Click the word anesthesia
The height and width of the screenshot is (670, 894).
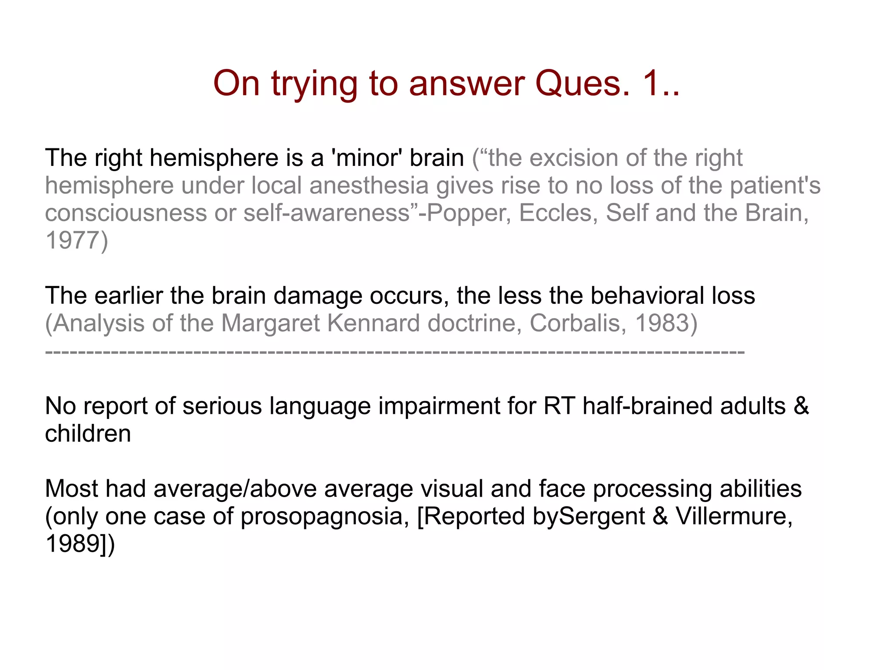click(369, 186)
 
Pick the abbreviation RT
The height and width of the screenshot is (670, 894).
click(559, 406)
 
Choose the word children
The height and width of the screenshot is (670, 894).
click(88, 434)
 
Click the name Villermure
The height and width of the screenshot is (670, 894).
click(734, 516)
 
